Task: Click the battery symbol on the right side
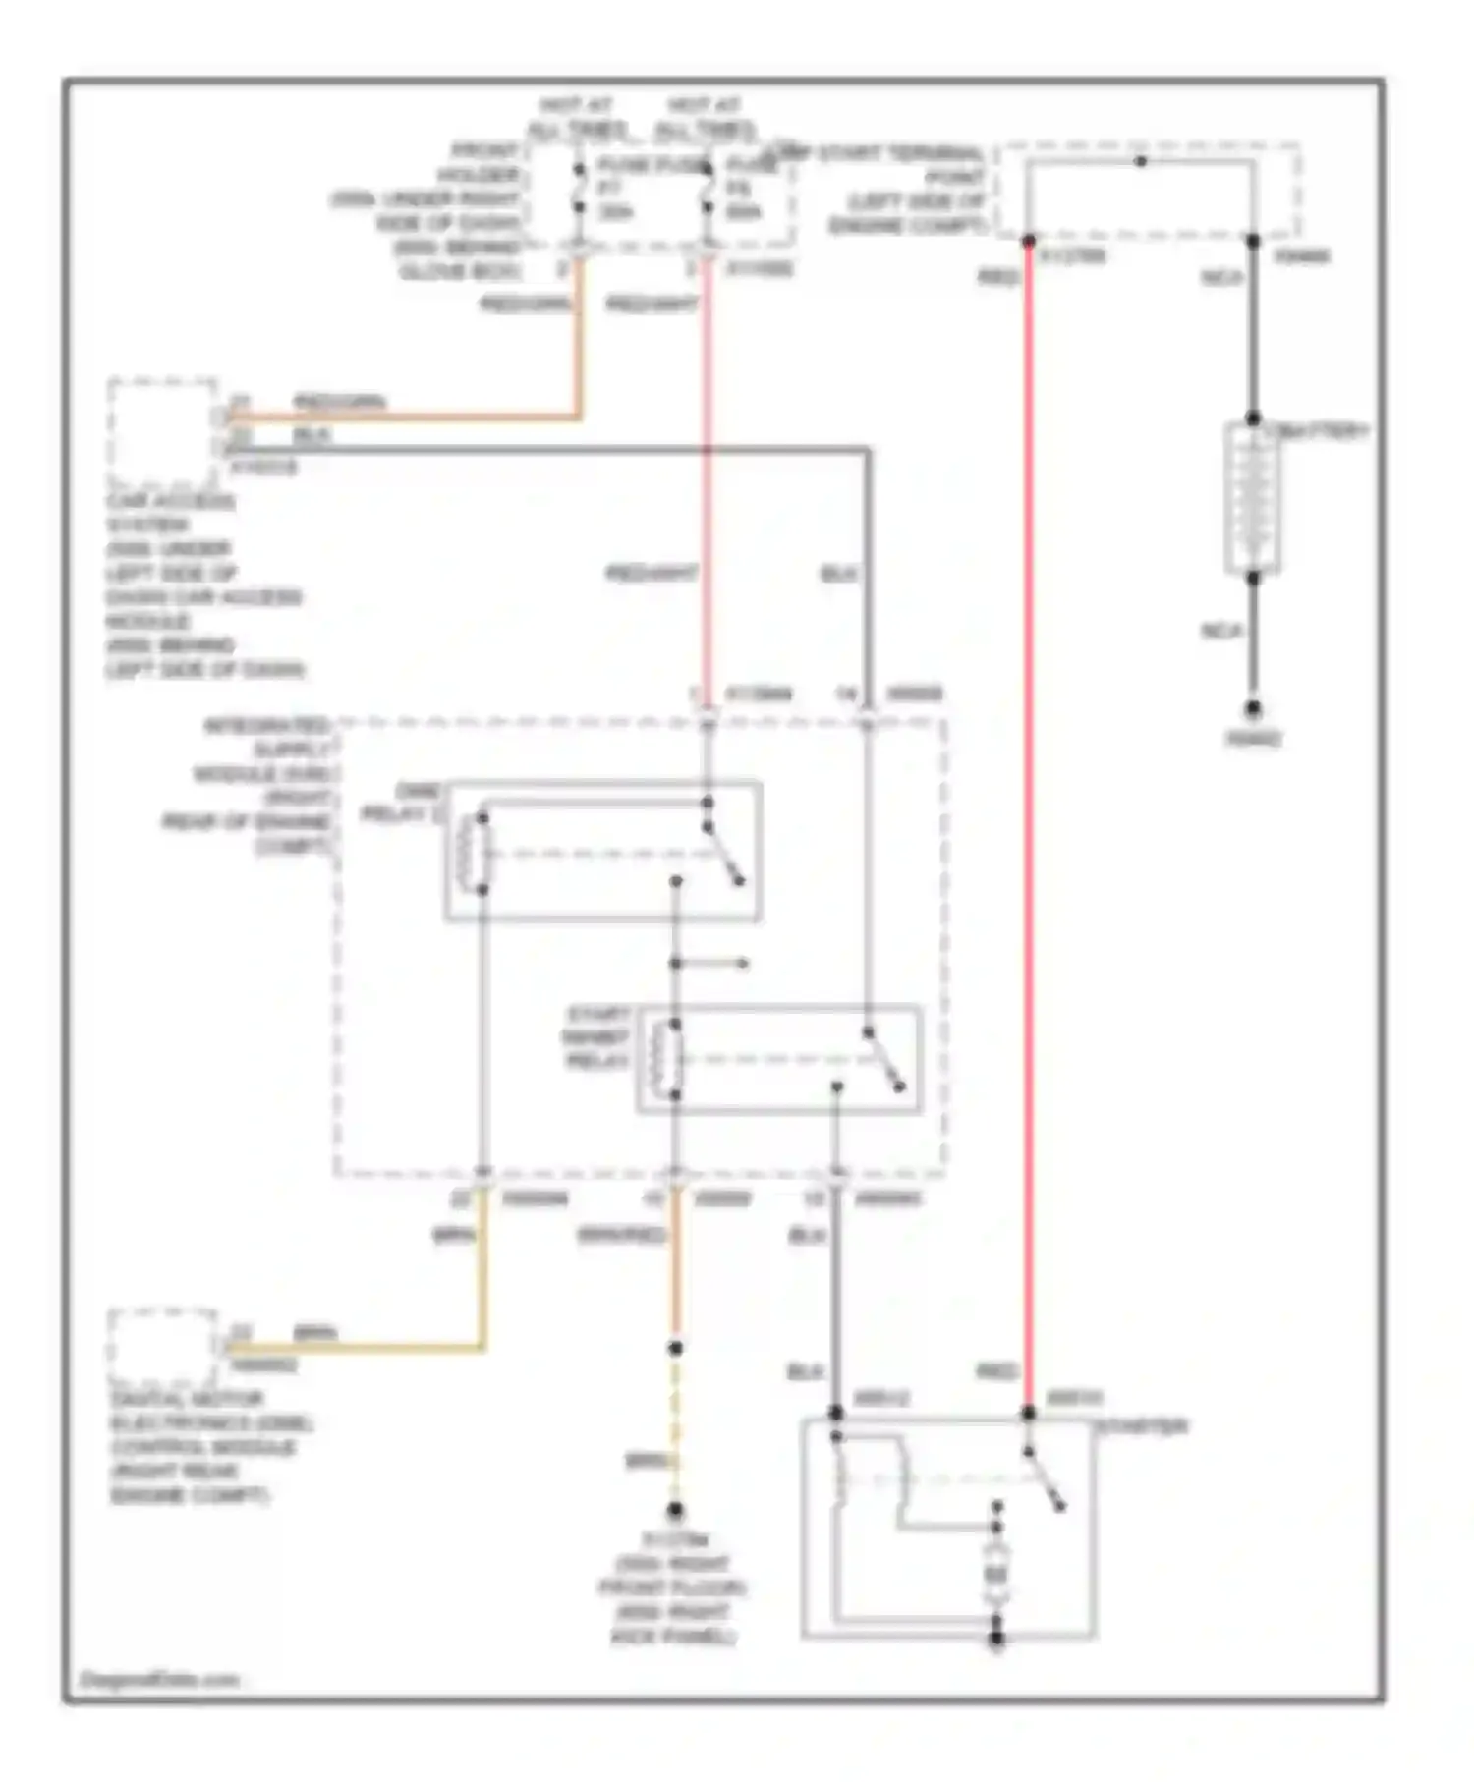click(x=1253, y=498)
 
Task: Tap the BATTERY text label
click(x=1320, y=431)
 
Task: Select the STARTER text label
click(x=1143, y=1425)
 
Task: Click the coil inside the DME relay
click(x=482, y=852)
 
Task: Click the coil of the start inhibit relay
click(x=675, y=1059)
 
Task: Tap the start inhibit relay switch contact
click(x=884, y=1060)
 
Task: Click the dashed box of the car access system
click(x=163, y=432)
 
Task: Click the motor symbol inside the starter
click(x=996, y=1577)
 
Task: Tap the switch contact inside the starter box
click(x=1045, y=1478)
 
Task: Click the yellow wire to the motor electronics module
click(x=393, y=1348)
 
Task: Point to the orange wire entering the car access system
click(x=413, y=418)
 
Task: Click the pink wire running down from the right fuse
click(x=707, y=491)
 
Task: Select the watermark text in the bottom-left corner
click(x=159, y=1679)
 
